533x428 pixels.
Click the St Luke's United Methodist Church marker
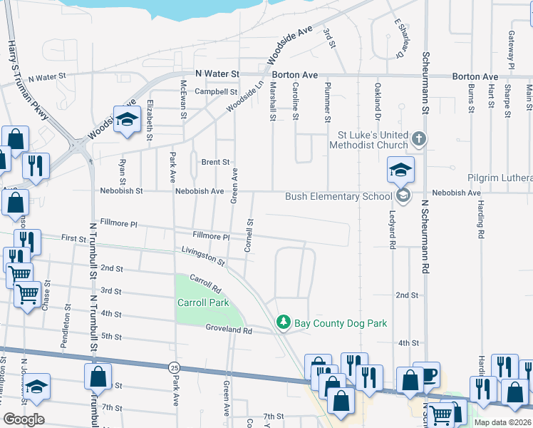pyautogui.click(x=420, y=139)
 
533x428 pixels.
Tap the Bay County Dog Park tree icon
pyautogui.click(x=284, y=323)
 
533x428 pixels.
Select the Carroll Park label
pyautogui.click(x=203, y=302)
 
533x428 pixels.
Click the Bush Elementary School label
pyautogui.click(x=338, y=197)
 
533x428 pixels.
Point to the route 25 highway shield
pyautogui.click(x=175, y=367)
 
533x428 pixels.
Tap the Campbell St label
pyautogui.click(x=216, y=91)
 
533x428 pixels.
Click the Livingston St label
pyautogui.click(x=202, y=255)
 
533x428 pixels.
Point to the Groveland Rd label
pyautogui.click(x=229, y=330)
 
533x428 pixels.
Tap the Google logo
pyautogui.click(x=24, y=419)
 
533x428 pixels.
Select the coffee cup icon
pyautogui.click(x=427, y=374)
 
